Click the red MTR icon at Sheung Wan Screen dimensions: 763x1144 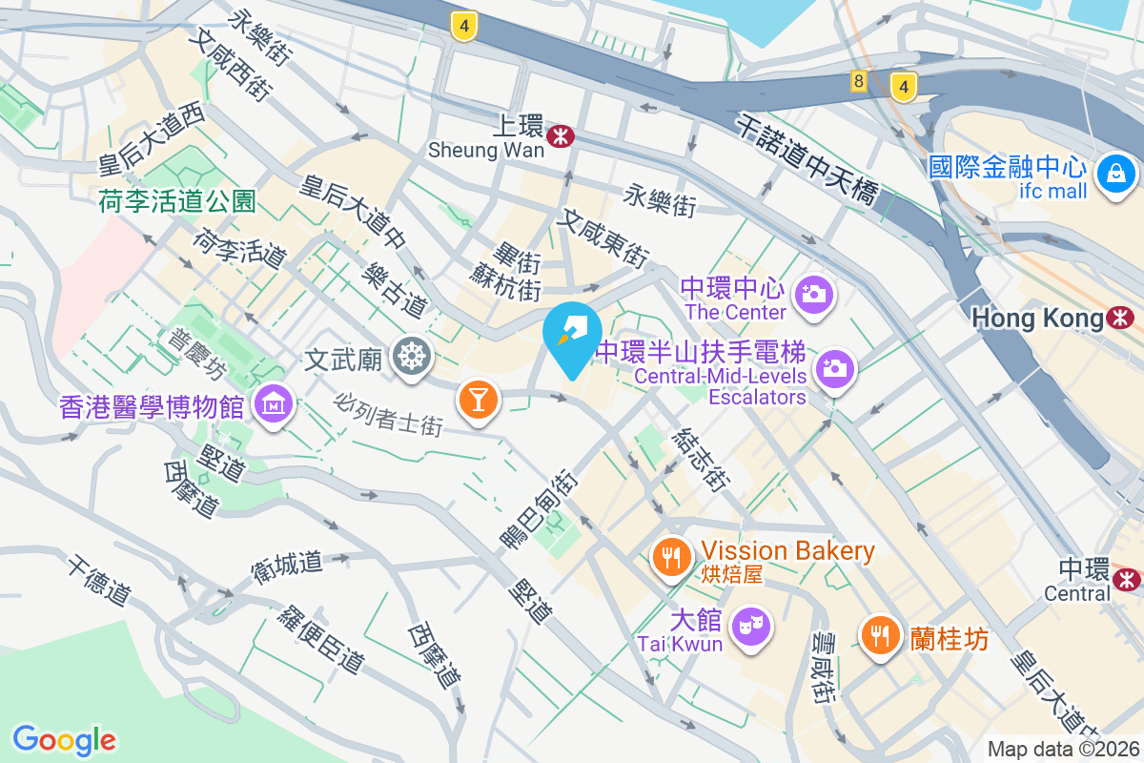pyautogui.click(x=561, y=135)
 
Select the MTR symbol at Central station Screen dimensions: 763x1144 pyautogui.click(x=1128, y=577)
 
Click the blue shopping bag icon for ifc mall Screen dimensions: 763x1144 pyautogui.click(x=1113, y=174)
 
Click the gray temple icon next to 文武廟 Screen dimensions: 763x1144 pyautogui.click(x=412, y=357)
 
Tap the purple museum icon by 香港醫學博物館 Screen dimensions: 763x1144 pyautogui.click(x=274, y=405)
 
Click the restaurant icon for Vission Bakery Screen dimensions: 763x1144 pyautogui.click(x=672, y=556)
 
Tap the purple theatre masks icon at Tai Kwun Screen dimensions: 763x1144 pyautogui.click(x=750, y=626)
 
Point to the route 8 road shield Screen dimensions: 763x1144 pyautogui.click(x=859, y=82)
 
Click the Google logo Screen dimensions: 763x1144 pyautogui.click(x=64, y=739)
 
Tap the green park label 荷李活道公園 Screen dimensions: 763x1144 pyautogui.click(x=177, y=201)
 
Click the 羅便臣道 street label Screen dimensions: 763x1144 pyautogui.click(x=321, y=639)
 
